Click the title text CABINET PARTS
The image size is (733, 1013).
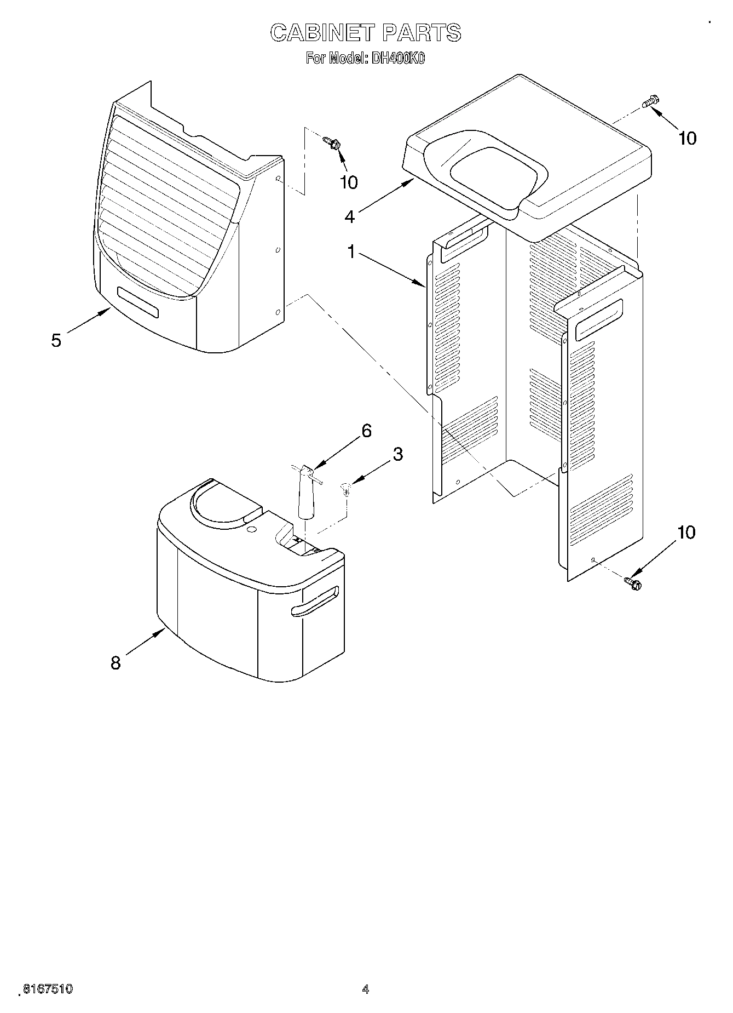(x=366, y=33)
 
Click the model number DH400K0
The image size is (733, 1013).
(x=397, y=59)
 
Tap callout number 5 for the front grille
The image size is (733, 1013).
(x=56, y=340)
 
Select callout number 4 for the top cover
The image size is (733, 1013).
(x=349, y=216)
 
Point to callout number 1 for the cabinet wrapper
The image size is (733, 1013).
(x=351, y=252)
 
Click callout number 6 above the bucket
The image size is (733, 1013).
(x=366, y=431)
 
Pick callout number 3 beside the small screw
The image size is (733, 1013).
(x=397, y=454)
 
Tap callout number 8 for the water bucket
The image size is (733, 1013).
(x=116, y=663)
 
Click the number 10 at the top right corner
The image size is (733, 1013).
(x=687, y=139)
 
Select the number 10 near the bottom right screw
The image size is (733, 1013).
(x=685, y=532)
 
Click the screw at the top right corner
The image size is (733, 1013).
(x=651, y=101)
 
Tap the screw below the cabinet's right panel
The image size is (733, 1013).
(x=633, y=583)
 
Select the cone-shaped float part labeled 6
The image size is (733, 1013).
(x=305, y=493)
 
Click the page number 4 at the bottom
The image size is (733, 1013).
(x=365, y=989)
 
